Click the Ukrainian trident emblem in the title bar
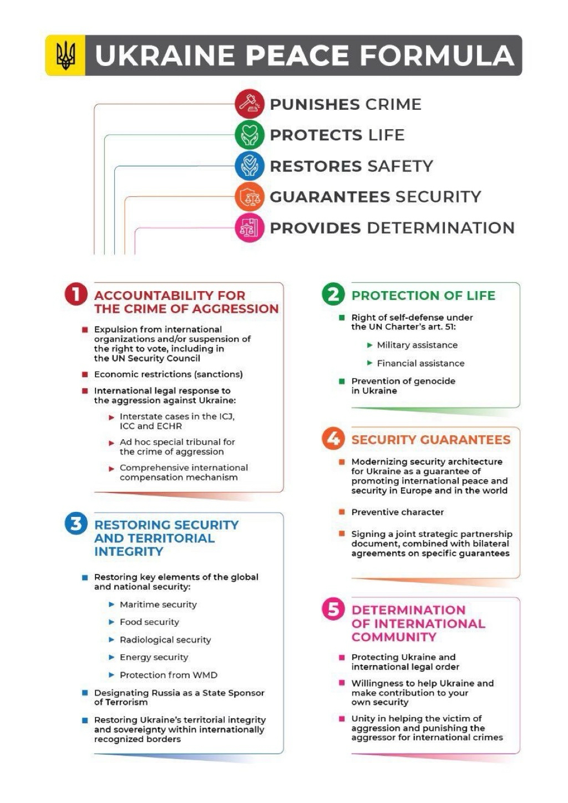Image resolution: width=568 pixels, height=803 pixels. pyautogui.click(x=65, y=55)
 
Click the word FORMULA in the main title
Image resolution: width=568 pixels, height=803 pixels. pyautogui.click(x=437, y=55)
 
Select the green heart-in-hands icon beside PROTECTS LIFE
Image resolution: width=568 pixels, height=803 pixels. pyautogui.click(x=250, y=135)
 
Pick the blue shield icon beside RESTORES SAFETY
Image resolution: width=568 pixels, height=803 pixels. pyautogui.click(x=250, y=166)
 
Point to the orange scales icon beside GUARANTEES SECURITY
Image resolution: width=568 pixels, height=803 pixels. pyautogui.click(x=250, y=196)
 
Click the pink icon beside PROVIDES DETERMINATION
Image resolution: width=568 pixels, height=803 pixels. pyautogui.click(x=250, y=227)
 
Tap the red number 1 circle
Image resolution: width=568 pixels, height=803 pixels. pyautogui.click(x=76, y=294)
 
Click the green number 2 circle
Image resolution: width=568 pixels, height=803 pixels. pyautogui.click(x=333, y=294)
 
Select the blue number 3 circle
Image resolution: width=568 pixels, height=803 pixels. pyautogui.click(x=76, y=524)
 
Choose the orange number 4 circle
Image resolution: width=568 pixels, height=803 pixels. pyautogui.click(x=333, y=439)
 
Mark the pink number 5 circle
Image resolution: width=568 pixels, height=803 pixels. pyautogui.click(x=333, y=609)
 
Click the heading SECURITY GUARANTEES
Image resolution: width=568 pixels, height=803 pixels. pyautogui.click(x=430, y=440)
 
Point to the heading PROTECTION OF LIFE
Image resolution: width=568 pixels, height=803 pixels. pyautogui.click(x=423, y=296)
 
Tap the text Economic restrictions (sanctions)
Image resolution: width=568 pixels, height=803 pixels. pyautogui.click(x=168, y=374)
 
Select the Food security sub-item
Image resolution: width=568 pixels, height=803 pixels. pyautogui.click(x=149, y=622)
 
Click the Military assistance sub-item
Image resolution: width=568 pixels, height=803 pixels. pyautogui.click(x=417, y=345)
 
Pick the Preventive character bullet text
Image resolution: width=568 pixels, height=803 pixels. pyautogui.click(x=397, y=512)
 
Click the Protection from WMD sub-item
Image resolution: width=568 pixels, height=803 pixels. pyautogui.click(x=168, y=675)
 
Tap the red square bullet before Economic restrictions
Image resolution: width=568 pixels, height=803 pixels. pyautogui.click(x=85, y=374)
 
